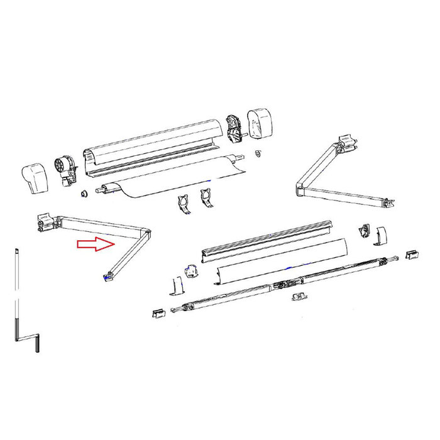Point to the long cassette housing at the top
coord(154,146)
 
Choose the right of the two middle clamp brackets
coord(205,198)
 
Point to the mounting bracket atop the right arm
coord(345,144)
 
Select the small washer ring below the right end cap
coord(258,153)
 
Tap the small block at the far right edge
coord(412,254)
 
